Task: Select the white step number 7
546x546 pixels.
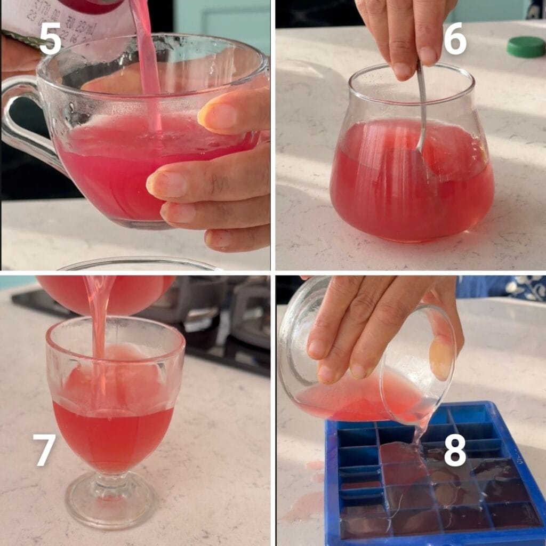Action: pos(44,450)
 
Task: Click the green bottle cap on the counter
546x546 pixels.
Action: pos(526,47)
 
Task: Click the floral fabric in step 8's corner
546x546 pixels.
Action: pos(525,288)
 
